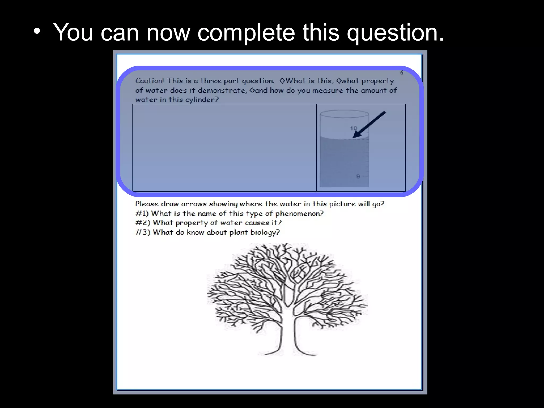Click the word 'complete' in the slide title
click(246, 33)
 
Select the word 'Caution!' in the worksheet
click(150, 81)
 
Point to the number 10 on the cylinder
click(354, 128)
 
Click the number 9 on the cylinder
click(358, 176)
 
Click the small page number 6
click(402, 73)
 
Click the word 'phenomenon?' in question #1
click(299, 214)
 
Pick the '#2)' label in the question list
click(143, 223)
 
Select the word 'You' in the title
click(73, 33)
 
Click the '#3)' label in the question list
click(143, 232)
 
